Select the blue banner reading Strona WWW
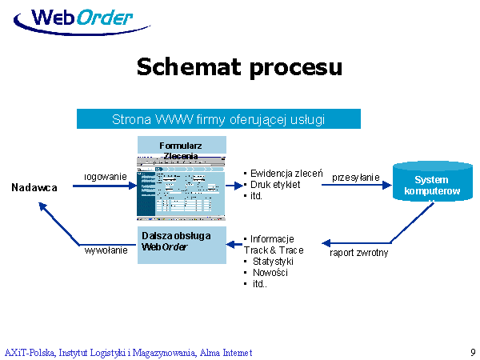click(218, 119)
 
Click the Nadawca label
click(34, 187)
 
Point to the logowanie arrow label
click(106, 176)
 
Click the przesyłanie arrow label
click(356, 177)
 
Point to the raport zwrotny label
click(359, 253)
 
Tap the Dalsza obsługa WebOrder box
click(181, 243)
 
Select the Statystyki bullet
click(273, 262)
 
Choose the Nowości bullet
click(270, 273)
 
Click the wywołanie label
click(106, 250)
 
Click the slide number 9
click(473, 352)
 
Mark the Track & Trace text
click(274, 250)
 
